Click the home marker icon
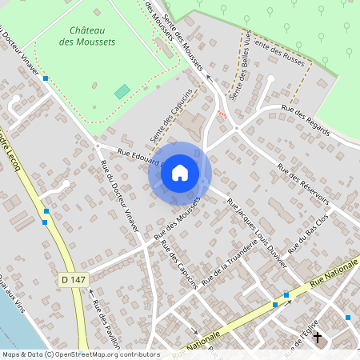point(180,173)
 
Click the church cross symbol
point(318,338)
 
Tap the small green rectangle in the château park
point(122,92)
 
